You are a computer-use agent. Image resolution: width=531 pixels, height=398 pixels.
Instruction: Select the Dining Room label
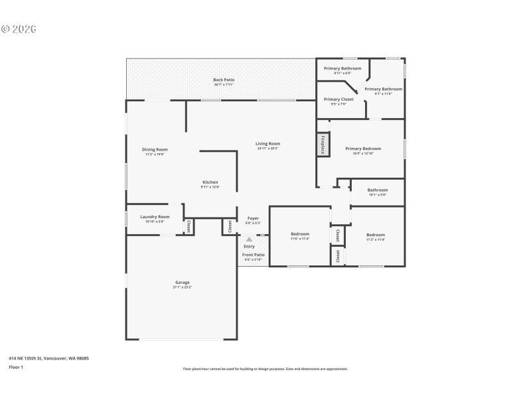pos(155,151)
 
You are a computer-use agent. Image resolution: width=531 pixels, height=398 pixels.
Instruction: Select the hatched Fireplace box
pos(323,145)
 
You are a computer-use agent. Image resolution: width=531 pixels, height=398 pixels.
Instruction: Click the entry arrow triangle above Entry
pos(250,239)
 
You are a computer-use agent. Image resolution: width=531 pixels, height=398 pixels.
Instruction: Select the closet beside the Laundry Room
pos(189,226)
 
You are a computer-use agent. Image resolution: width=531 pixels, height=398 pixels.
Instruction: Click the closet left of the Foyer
pos(229,226)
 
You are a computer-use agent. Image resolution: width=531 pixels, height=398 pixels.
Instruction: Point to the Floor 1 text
pos(16,367)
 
